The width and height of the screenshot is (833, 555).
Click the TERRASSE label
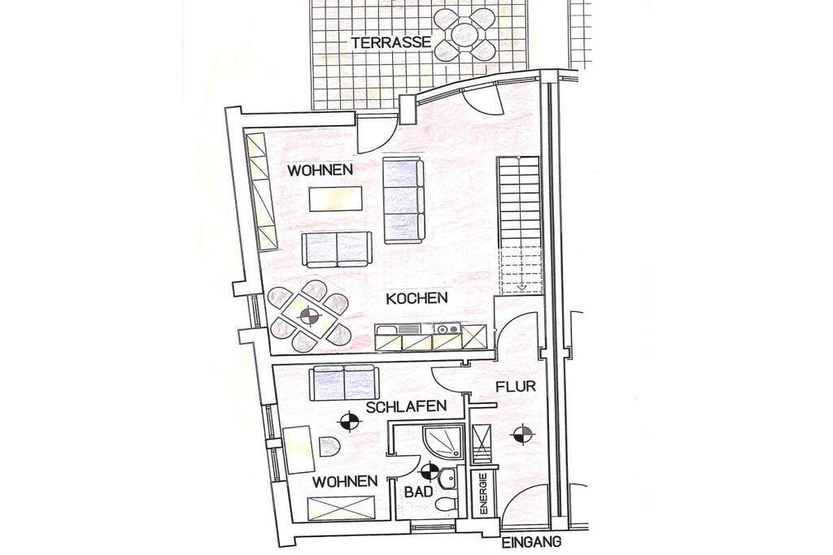coord(390,42)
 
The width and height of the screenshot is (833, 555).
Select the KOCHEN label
coord(416,298)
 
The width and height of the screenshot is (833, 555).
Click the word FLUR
coord(515,386)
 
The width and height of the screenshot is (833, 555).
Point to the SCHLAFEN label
coord(406,407)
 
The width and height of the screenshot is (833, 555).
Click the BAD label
coord(419,492)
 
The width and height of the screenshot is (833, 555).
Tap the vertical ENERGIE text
coord(483,494)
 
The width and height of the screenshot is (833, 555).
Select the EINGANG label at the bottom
coord(532,542)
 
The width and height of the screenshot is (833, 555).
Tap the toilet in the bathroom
coord(447,505)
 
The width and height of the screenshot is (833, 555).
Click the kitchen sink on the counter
coord(411,329)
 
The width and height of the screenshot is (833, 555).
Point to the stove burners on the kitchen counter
coord(447,329)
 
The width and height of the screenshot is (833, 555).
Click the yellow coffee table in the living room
coord(336,199)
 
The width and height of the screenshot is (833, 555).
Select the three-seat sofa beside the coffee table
coord(404,201)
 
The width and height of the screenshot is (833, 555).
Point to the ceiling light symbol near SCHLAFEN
coord(349,423)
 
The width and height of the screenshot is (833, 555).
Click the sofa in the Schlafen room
coord(344,384)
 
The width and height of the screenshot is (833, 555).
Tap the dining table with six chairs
coord(309,317)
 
